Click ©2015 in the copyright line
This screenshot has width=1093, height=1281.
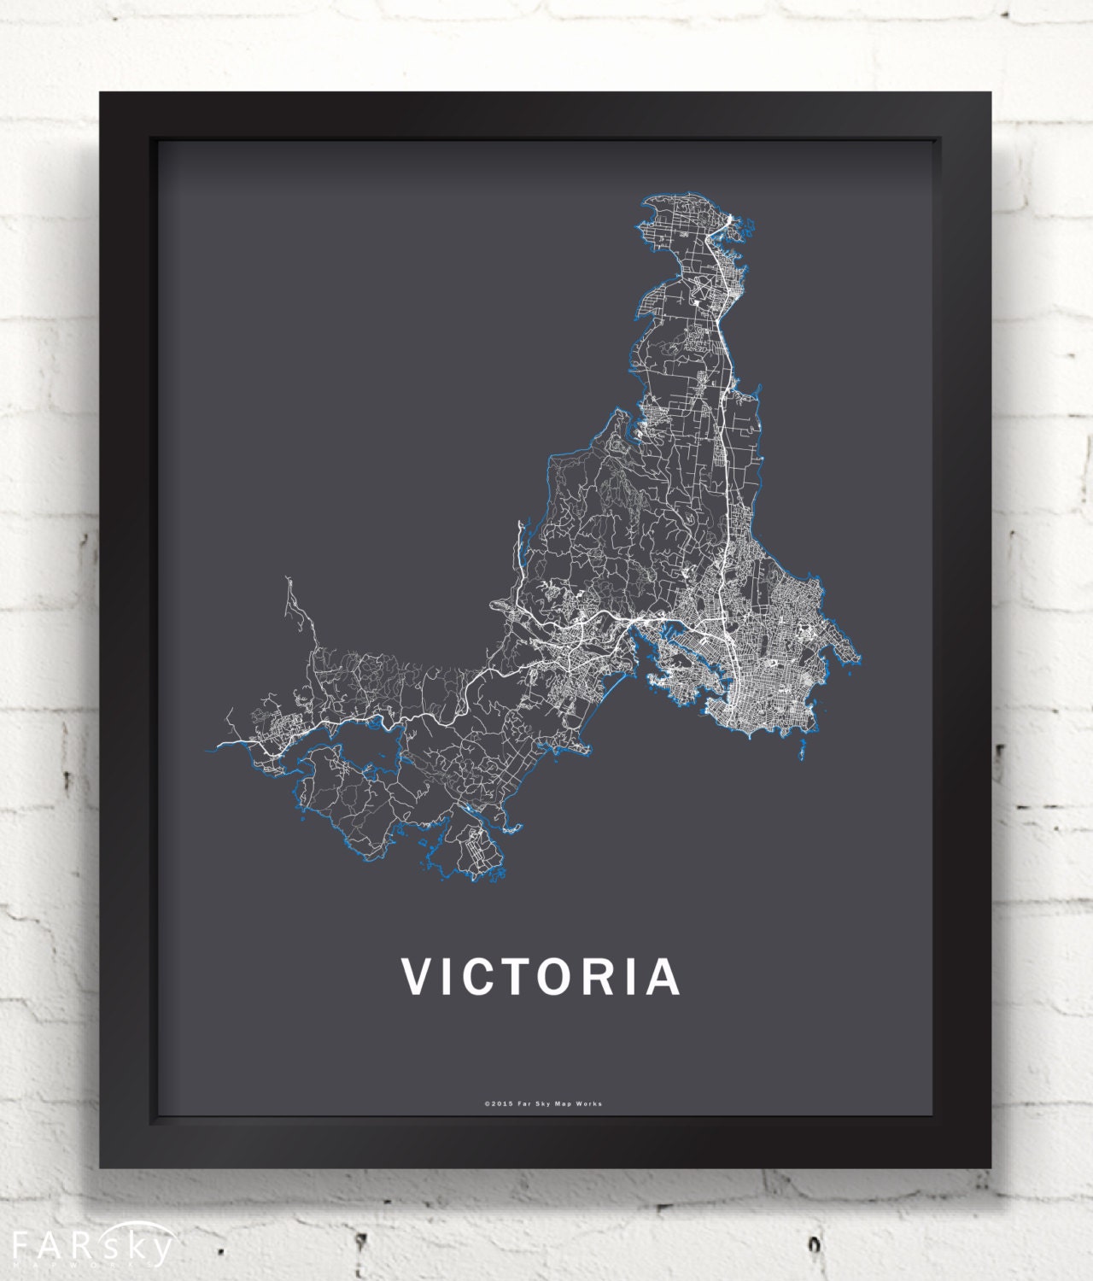click(x=496, y=1103)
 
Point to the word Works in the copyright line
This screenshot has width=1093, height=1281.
click(x=589, y=1103)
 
